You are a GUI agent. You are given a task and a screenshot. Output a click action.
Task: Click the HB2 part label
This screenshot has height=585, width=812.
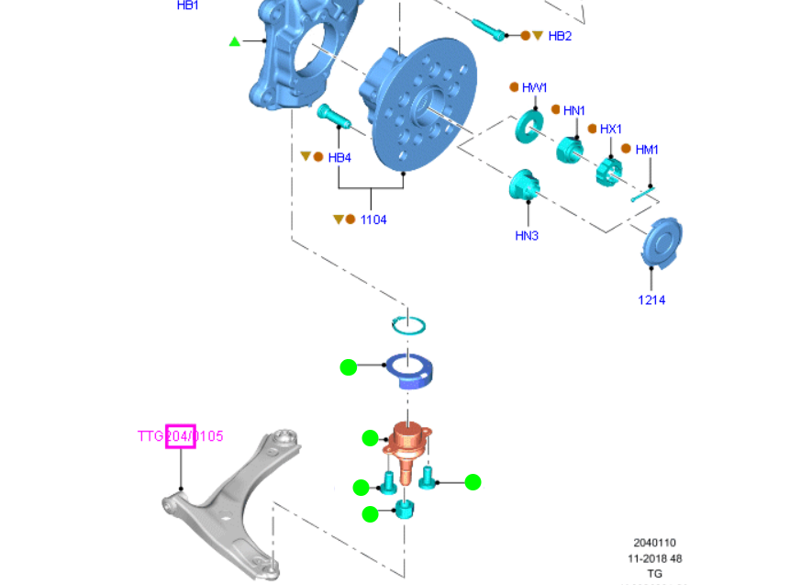[560, 36]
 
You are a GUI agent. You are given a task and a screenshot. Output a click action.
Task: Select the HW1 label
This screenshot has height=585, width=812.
[534, 88]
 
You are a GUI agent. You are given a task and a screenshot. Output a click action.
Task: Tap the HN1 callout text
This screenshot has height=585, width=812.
[574, 111]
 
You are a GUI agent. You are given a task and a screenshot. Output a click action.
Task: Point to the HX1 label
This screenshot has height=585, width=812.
[611, 129]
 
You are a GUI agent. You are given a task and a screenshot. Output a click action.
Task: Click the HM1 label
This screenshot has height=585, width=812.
[647, 149]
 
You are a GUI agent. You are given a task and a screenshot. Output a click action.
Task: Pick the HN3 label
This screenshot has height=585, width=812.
[527, 236]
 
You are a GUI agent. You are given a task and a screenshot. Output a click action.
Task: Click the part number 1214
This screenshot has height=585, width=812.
[651, 300]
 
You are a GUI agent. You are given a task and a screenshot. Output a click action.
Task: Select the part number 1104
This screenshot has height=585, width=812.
[373, 220]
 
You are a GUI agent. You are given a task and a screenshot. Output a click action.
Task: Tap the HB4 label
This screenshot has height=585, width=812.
[339, 158]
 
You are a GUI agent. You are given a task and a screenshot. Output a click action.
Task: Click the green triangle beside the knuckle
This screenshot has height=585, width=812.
[235, 41]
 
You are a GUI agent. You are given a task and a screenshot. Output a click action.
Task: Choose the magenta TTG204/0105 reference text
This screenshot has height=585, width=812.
[181, 436]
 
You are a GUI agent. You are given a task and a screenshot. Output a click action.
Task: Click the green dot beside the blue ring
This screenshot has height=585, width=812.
[348, 367]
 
